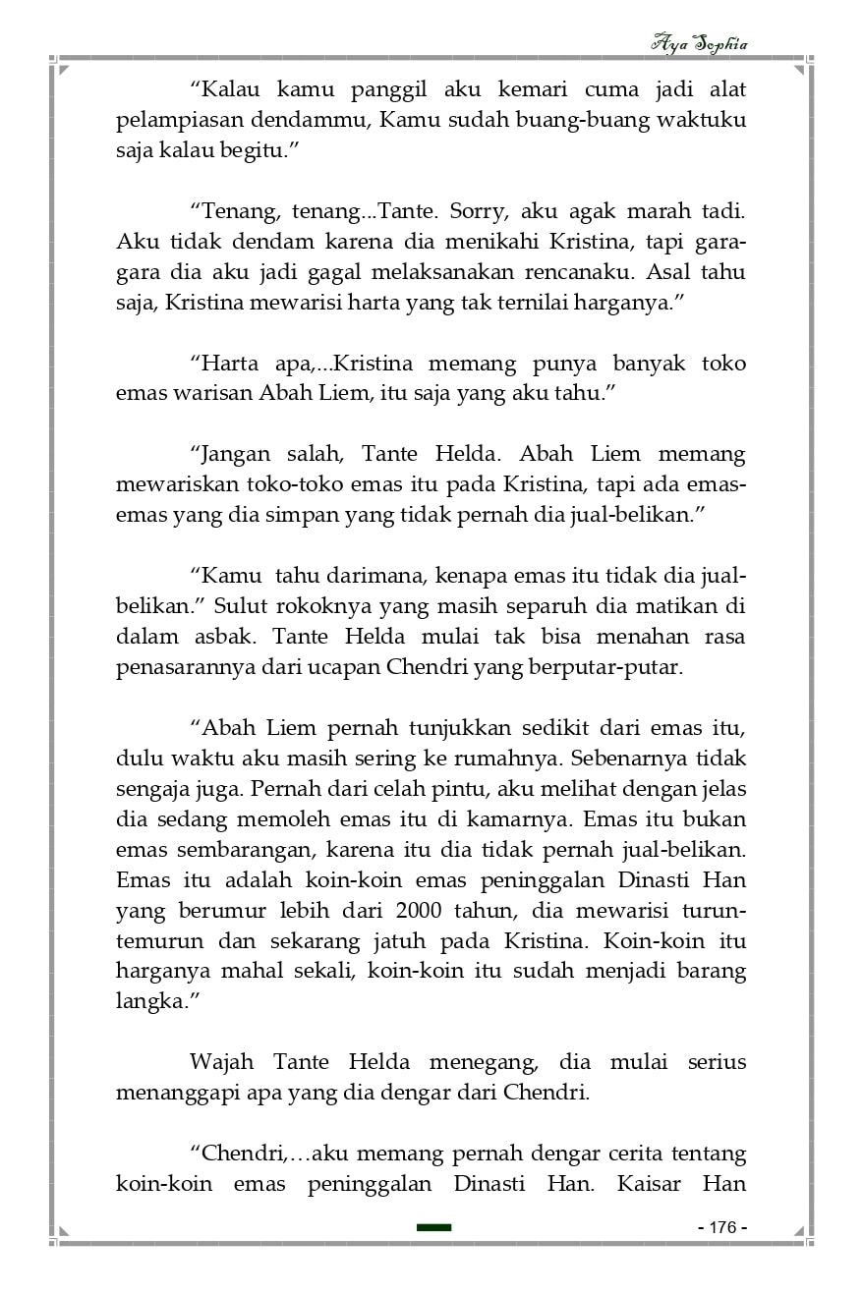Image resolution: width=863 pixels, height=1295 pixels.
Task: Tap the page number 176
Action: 722,1227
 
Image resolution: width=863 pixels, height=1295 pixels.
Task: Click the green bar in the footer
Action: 433,1227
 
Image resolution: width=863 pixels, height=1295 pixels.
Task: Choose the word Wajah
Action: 221,1062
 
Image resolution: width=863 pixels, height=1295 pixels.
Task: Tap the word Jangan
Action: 243,455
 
